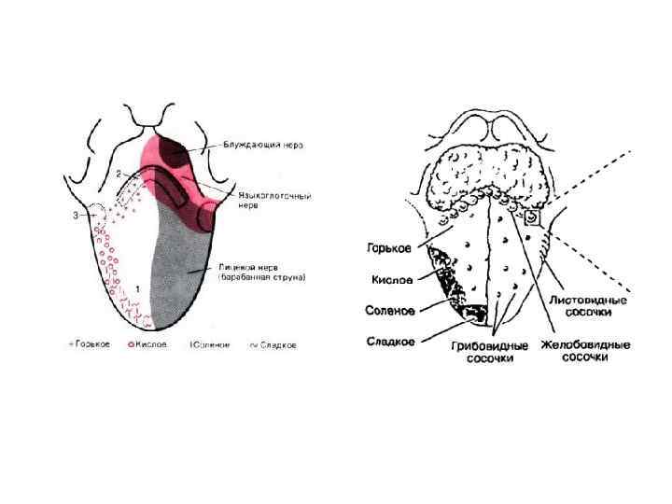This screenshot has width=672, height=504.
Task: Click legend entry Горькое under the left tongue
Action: [91, 344]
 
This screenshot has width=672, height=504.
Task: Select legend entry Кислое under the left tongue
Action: [149, 344]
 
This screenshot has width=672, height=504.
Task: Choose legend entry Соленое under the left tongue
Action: [213, 344]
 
